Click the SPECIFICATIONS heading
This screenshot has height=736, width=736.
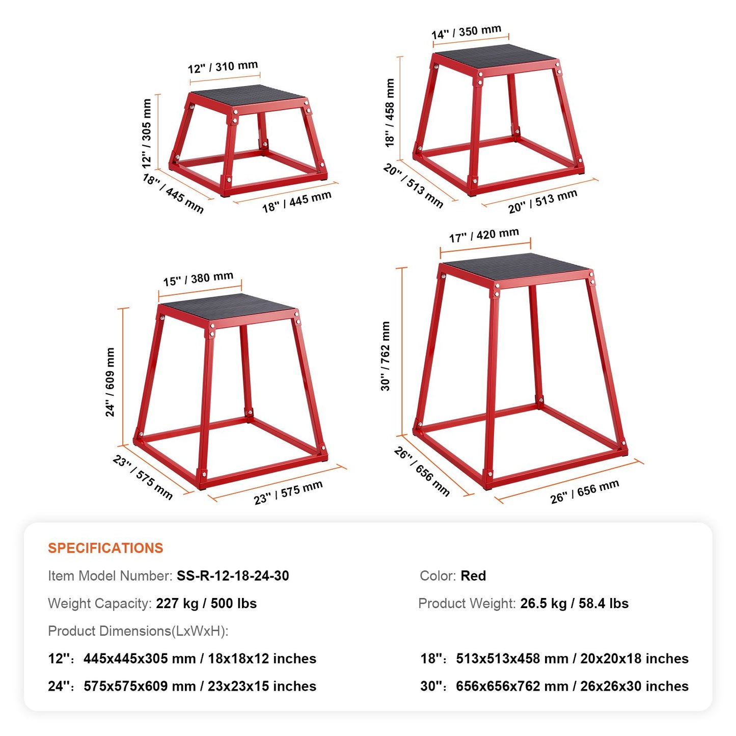[105, 548]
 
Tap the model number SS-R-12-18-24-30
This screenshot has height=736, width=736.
[233, 576]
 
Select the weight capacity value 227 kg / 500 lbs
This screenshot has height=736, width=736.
[206, 604]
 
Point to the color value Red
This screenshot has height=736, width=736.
[473, 576]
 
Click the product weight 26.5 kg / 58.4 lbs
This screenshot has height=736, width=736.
[575, 604]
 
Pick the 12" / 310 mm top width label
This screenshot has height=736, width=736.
[223, 67]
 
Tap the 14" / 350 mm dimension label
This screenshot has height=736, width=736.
[467, 32]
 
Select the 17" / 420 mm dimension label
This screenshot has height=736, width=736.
[484, 235]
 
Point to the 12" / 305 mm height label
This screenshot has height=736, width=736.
[147, 133]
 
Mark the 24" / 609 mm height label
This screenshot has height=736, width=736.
[110, 382]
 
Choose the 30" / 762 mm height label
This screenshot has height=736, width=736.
[386, 356]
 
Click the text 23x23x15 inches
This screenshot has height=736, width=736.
[262, 687]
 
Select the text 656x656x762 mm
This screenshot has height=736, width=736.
[512, 687]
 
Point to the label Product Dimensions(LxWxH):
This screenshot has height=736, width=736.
[138, 631]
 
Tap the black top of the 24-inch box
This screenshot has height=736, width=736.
[228, 308]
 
